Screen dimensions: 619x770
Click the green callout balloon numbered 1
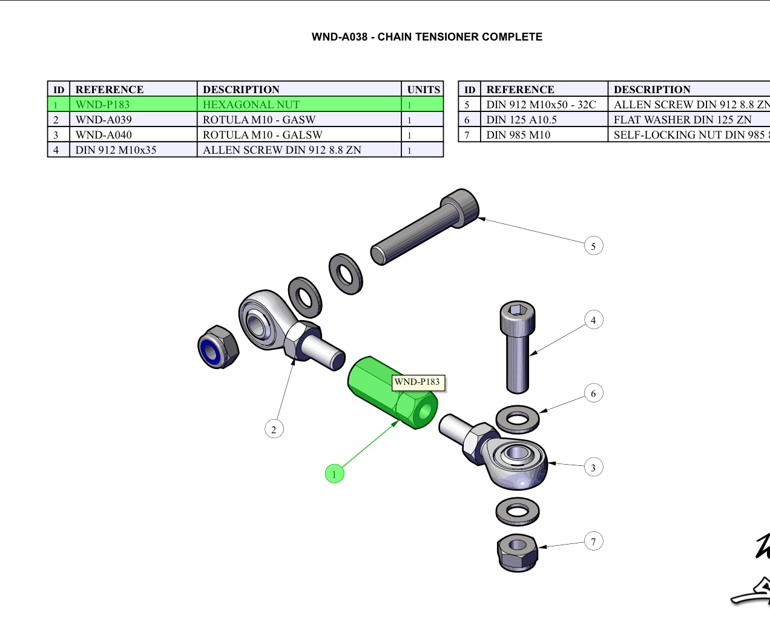point(334,474)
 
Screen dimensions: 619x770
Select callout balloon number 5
point(593,246)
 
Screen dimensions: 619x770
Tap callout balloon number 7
point(593,542)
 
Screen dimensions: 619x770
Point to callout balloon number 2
point(274,429)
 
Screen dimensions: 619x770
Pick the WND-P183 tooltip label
point(417,382)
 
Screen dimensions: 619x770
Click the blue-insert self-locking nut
point(218,347)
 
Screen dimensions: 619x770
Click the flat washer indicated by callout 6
point(518,419)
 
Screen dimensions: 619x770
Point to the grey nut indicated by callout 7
point(517,552)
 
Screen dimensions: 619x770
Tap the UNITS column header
point(423,90)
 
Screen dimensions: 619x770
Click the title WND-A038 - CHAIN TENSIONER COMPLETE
point(427,37)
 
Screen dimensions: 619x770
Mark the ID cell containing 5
point(467,105)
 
